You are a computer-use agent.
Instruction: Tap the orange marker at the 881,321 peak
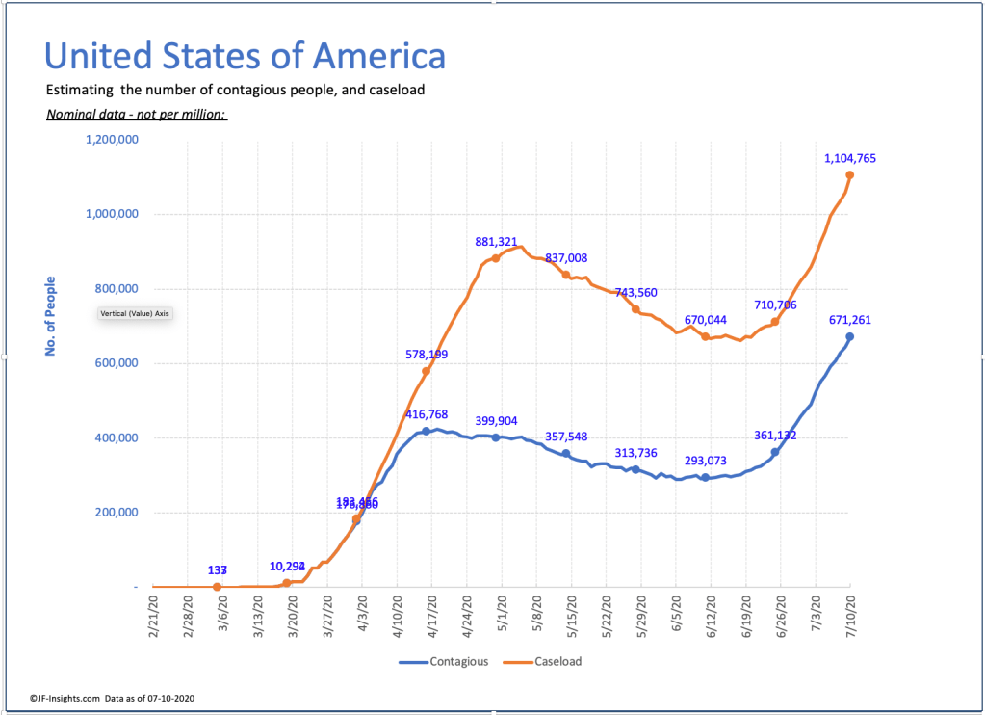click(x=496, y=258)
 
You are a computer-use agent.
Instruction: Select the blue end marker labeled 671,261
click(x=850, y=336)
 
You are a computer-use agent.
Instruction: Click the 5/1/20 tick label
click(x=502, y=614)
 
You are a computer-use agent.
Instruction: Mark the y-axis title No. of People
click(x=50, y=316)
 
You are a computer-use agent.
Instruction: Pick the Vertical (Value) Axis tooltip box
click(x=135, y=313)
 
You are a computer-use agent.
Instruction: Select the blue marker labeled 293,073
click(x=705, y=478)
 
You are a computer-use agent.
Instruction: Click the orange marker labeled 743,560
click(x=635, y=309)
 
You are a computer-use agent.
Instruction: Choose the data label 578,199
click(x=426, y=355)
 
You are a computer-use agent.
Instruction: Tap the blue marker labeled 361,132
click(x=775, y=452)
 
